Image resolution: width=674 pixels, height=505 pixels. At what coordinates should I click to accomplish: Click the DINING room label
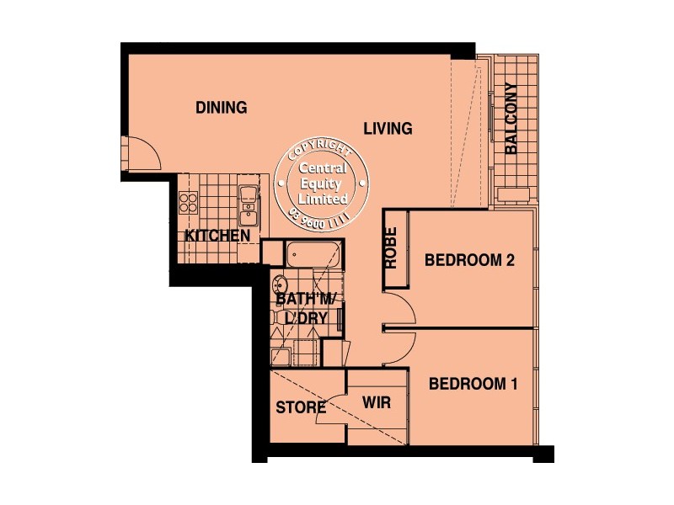point(221,108)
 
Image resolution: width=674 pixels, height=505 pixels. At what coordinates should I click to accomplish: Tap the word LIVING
point(388,129)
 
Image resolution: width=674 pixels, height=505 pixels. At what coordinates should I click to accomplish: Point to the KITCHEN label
point(217,236)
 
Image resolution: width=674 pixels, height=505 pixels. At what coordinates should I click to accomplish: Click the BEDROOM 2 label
point(469,261)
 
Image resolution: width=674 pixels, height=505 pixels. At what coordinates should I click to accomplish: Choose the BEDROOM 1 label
point(473,385)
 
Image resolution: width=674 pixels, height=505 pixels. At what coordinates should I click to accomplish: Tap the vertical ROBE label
point(391,249)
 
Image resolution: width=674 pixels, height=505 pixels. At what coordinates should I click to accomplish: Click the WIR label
point(376,403)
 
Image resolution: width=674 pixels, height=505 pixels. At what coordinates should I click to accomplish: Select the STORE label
point(301,408)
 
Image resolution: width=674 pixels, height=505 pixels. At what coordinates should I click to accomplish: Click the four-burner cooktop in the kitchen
point(188,203)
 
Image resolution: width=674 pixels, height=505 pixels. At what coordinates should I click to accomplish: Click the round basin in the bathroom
point(281,282)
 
